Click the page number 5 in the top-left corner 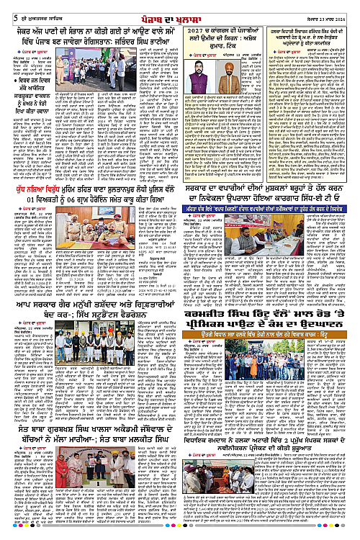click(x=6, y=8)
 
